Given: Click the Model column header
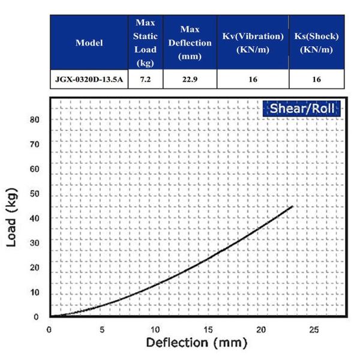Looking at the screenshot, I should point(89,43).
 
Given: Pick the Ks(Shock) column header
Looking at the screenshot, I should point(316,43).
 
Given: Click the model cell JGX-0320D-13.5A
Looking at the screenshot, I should point(89,79).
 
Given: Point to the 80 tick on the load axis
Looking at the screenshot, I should point(34,119).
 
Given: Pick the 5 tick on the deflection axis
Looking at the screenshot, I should point(102,329).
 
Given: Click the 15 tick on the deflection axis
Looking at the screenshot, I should point(208,329).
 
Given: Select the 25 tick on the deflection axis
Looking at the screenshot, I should point(314,329).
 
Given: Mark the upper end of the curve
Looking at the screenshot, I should point(292,206).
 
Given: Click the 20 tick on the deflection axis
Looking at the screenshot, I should point(260,329).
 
